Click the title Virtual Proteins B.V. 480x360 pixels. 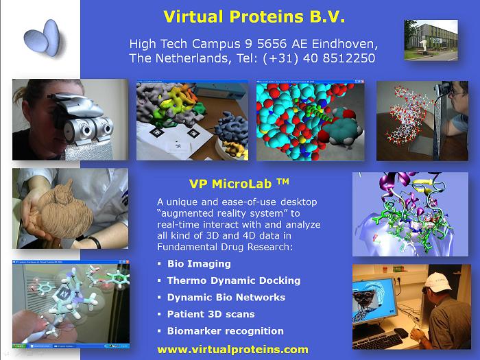pyautogui.click(x=254, y=16)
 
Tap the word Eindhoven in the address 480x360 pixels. pyautogui.click(x=345, y=44)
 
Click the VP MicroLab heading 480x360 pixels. pyautogui.click(x=239, y=184)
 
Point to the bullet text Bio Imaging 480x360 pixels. pyautogui.click(x=199, y=264)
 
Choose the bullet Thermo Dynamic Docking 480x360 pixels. pyautogui.click(x=234, y=280)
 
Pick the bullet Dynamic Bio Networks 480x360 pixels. pyautogui.click(x=226, y=297)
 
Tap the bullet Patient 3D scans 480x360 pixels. pyautogui.click(x=211, y=314)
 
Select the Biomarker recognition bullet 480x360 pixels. pyautogui.click(x=226, y=331)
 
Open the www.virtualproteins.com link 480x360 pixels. pyautogui.click(x=232, y=349)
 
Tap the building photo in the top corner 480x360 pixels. pyautogui.click(x=431, y=40)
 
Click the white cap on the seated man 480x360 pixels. pyautogui.click(x=438, y=282)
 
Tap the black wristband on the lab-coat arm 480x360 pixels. pyautogui.click(x=95, y=241)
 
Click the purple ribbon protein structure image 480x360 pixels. pyautogui.click(x=410, y=214)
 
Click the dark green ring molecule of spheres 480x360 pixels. pyautogui.click(x=343, y=129)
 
